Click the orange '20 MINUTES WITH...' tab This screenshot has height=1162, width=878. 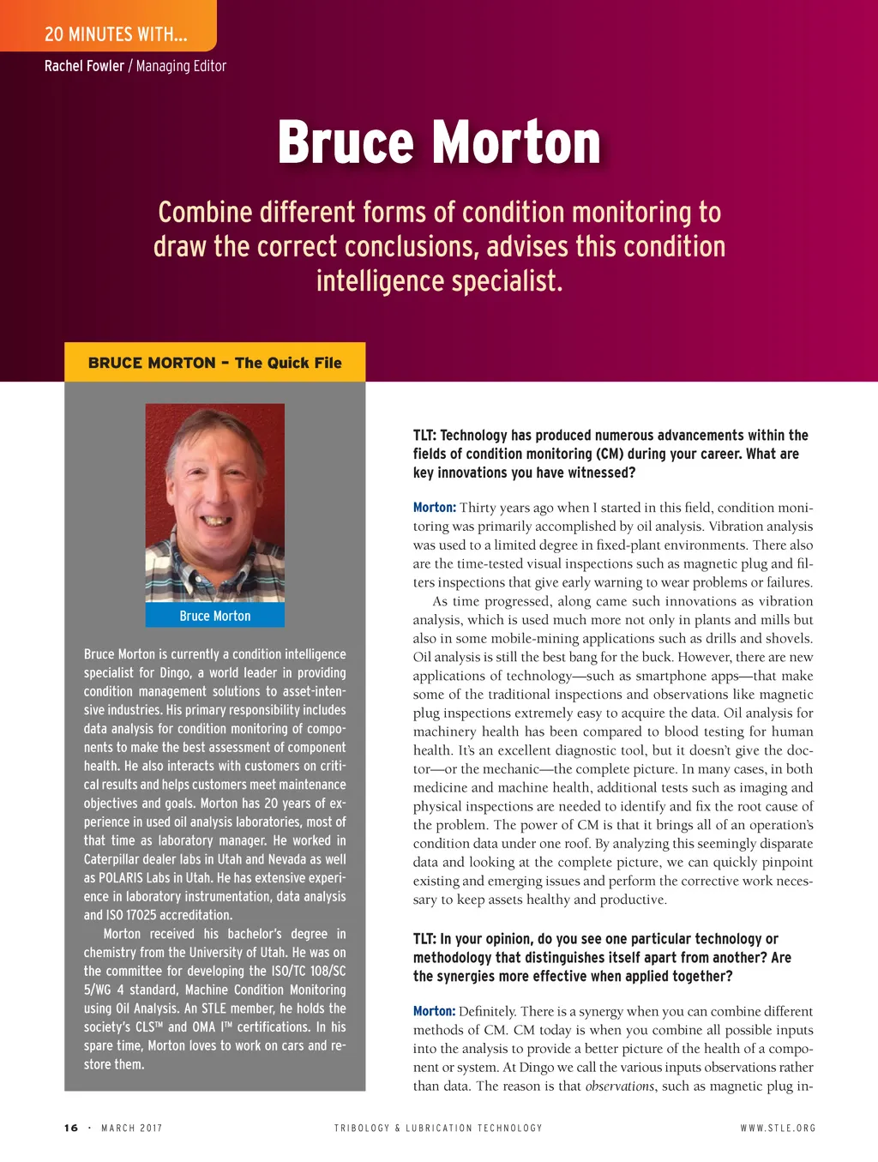[116, 34]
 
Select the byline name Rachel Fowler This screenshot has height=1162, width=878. [84, 66]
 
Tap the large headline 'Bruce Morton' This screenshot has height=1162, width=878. [439, 142]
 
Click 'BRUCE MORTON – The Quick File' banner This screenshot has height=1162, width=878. [214, 363]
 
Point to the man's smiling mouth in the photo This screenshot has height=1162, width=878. [216, 521]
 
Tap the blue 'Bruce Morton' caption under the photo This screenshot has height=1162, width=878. [215, 616]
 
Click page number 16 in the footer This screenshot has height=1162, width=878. [71, 1128]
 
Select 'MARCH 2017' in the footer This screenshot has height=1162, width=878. [131, 1128]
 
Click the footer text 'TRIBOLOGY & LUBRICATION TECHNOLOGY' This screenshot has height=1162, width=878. [438, 1128]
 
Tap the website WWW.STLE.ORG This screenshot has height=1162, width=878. [778, 1128]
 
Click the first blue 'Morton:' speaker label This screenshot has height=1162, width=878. [434, 508]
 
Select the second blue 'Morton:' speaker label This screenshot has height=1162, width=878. [434, 1012]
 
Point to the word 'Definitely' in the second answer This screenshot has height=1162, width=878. [487, 1012]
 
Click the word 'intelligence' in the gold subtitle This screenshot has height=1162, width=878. [380, 281]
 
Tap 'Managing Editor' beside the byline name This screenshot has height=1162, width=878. [181, 66]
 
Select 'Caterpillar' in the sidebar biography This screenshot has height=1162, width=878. [117, 859]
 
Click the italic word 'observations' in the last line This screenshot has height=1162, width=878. [619, 1087]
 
